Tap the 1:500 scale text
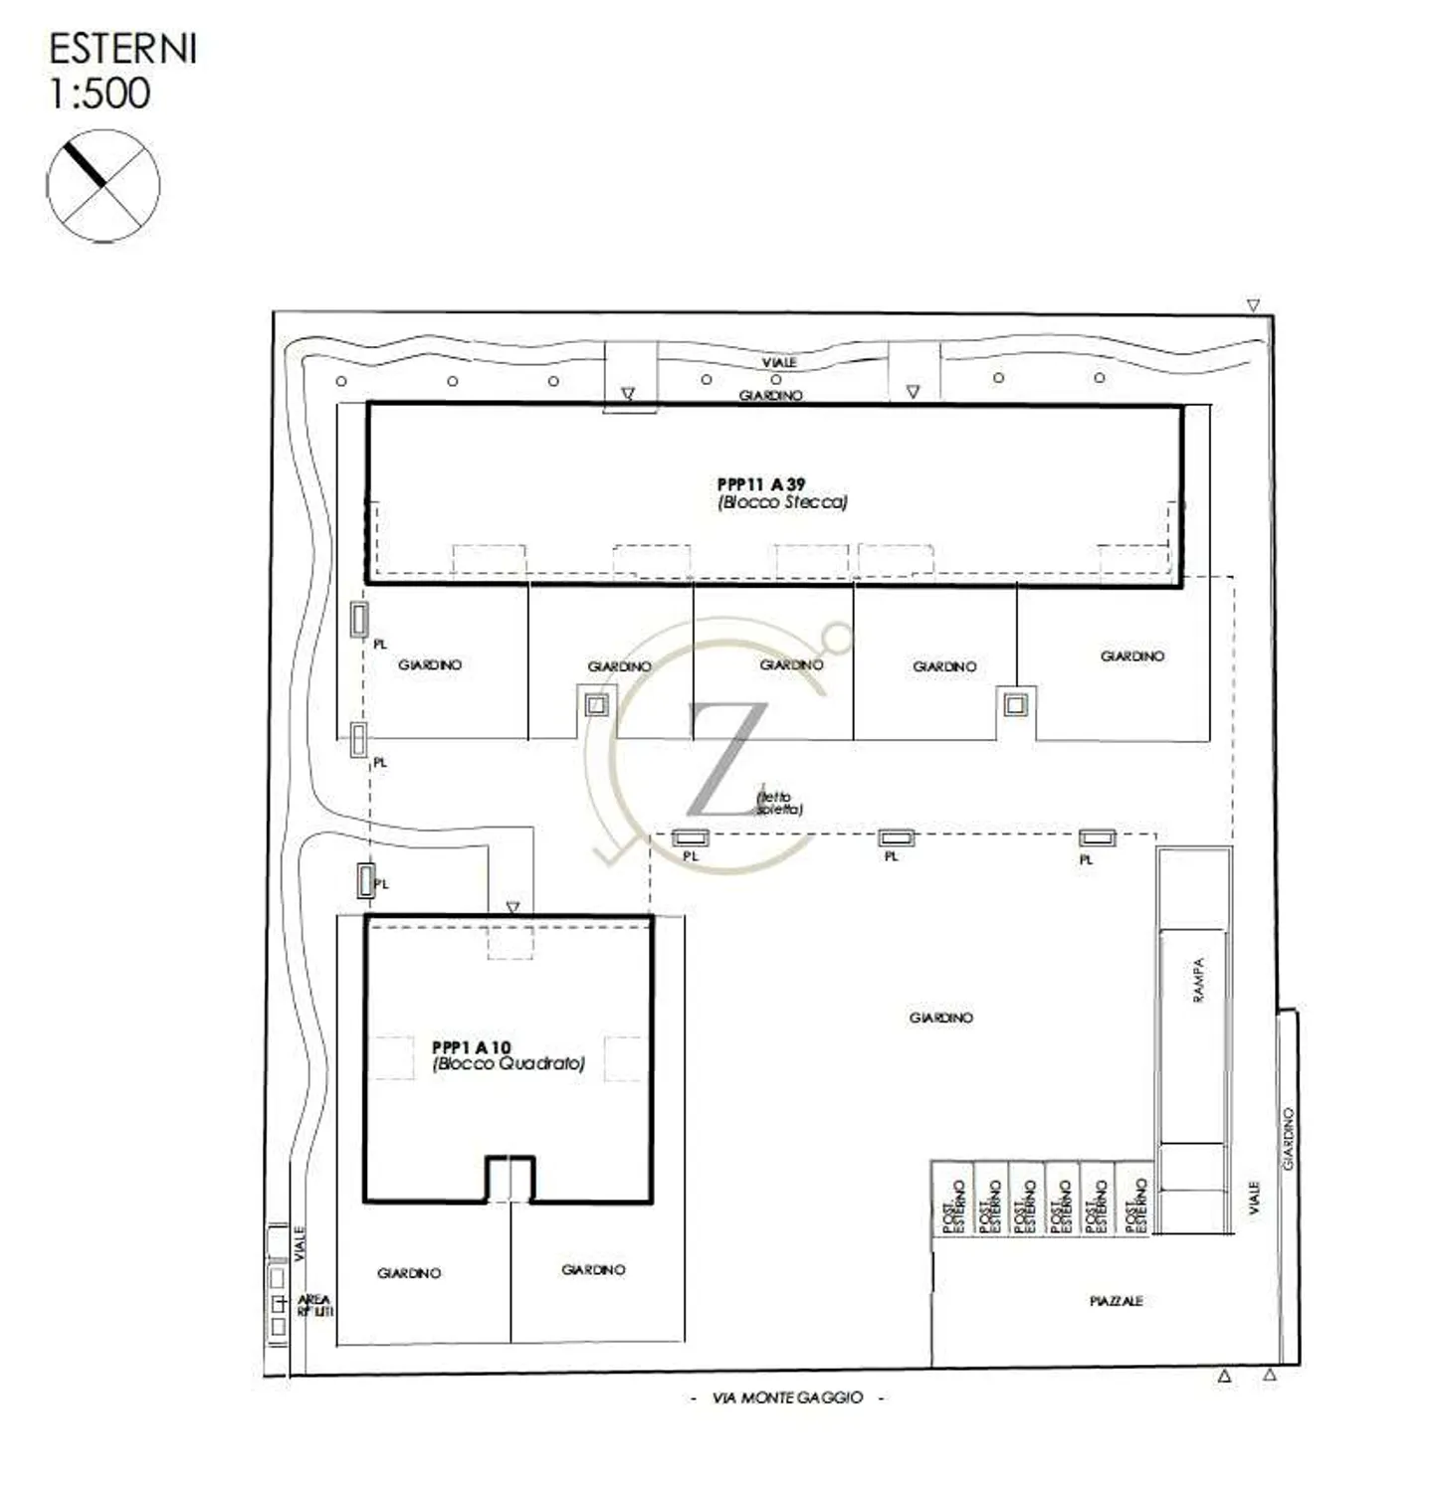100,93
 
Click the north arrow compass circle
102,186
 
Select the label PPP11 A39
761,484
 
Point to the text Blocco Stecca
782,502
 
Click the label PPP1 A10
471,1046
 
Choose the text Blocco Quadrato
509,1063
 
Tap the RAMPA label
1198,980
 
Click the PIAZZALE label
1116,1301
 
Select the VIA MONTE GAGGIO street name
787,1398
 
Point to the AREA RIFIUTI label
313,1306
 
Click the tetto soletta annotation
779,803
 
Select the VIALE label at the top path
779,363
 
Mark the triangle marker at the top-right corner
1253,306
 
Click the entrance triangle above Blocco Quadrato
512,907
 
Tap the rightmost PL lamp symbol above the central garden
1098,839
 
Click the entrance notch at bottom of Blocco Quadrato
511,1180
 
